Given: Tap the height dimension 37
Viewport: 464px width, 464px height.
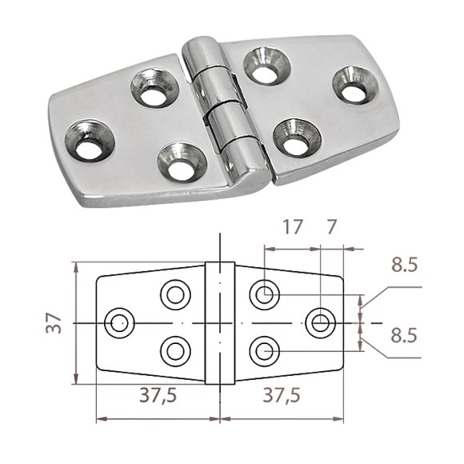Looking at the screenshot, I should (53, 323).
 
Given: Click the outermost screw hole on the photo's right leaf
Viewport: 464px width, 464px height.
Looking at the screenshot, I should (353, 83).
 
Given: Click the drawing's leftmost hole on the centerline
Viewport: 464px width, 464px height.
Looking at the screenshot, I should (120, 323).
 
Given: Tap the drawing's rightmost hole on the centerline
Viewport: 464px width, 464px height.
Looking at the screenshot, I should (321, 322).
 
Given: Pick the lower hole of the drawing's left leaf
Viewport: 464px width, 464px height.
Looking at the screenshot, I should (175, 350).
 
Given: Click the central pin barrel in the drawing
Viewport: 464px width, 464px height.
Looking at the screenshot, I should (219, 323).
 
